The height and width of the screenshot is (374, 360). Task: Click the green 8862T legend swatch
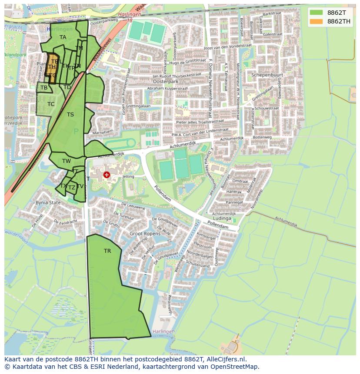317,13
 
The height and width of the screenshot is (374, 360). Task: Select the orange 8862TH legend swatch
317,21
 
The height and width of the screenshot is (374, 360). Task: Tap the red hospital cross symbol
107,175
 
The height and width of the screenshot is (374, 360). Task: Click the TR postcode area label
107,251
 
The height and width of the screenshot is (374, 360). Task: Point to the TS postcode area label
70,115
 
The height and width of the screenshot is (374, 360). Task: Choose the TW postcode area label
66,161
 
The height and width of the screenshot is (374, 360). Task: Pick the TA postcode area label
63,37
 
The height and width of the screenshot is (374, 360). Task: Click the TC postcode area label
51,104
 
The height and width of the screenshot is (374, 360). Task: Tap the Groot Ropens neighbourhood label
145,233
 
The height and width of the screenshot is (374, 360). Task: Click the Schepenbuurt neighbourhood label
267,75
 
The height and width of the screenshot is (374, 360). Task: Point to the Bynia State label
48,203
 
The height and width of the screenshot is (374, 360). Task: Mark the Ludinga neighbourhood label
222,218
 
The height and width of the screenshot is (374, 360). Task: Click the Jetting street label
128,177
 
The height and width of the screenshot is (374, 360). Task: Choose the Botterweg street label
262,137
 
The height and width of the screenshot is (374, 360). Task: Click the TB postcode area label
44,88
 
